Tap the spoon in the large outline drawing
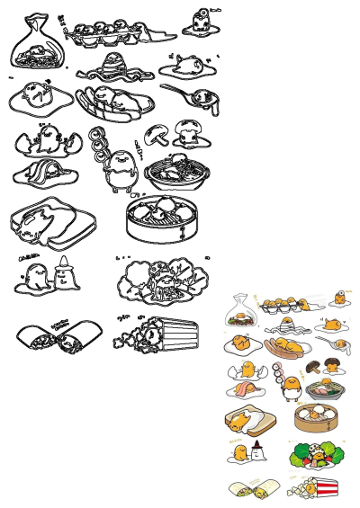point(184,92)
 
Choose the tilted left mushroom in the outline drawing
point(155,134)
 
